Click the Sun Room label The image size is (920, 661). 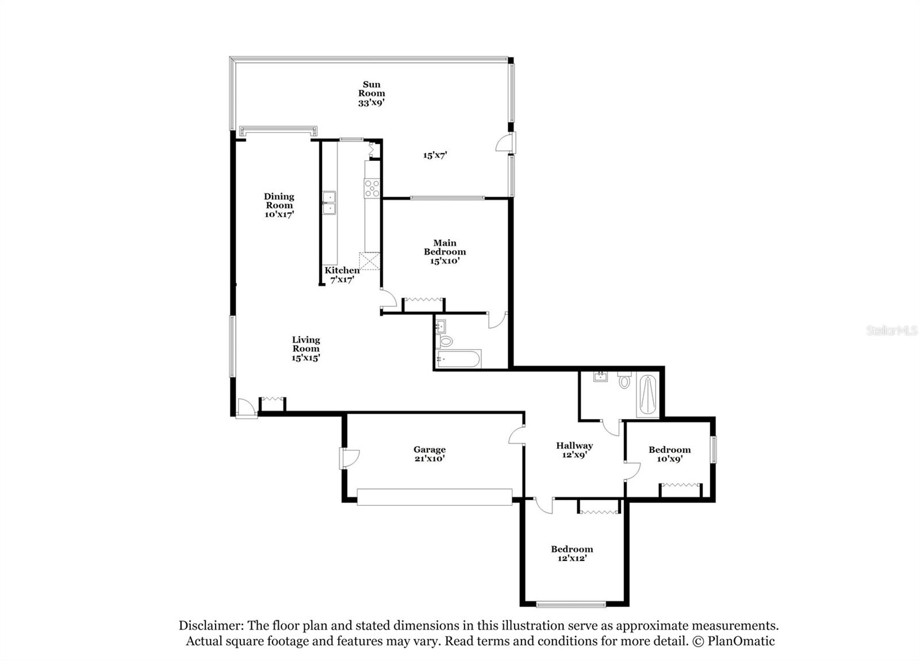tap(371, 94)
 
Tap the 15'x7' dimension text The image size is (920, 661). tap(435, 155)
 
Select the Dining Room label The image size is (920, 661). tap(279, 205)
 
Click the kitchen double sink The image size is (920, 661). tap(329, 203)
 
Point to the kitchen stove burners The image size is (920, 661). tap(371, 189)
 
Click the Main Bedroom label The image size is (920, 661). tap(445, 252)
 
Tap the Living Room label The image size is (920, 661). tap(306, 348)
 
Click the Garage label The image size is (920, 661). tap(430, 454)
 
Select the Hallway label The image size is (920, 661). tap(574, 449)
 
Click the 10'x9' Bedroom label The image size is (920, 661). tap(669, 454)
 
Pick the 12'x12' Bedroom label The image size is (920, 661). tap(572, 554)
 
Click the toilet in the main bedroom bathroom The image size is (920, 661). tap(444, 341)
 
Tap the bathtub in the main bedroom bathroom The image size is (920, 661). tap(458, 359)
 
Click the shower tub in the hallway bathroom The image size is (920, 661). tap(647, 394)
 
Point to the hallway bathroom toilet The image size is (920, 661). tap(624, 380)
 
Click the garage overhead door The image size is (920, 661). tap(435, 497)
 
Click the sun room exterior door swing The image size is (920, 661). tap(505, 143)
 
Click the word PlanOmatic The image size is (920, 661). tap(741, 641)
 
